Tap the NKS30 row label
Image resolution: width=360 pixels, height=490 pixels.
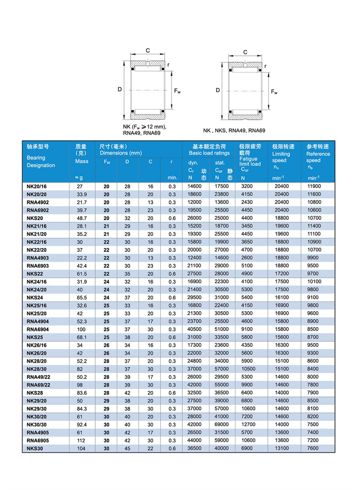point(35,449)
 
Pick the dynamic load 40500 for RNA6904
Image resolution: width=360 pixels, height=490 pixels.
point(195,330)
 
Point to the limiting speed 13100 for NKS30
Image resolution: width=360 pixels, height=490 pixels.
point(282,449)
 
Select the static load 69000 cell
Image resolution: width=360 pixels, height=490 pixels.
point(222,425)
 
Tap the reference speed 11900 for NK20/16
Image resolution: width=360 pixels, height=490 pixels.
point(314,186)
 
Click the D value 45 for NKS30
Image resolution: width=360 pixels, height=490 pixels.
point(127,449)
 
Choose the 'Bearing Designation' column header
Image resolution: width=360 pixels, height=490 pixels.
point(40,161)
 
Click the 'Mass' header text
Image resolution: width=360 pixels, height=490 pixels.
point(82,161)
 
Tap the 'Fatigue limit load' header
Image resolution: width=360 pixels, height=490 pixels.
point(250,162)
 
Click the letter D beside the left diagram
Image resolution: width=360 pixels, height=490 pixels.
point(120,89)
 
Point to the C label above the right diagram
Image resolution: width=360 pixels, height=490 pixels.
point(245,52)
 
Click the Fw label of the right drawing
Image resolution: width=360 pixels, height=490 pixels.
point(274,92)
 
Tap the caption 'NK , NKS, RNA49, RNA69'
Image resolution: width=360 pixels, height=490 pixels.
point(234,131)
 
